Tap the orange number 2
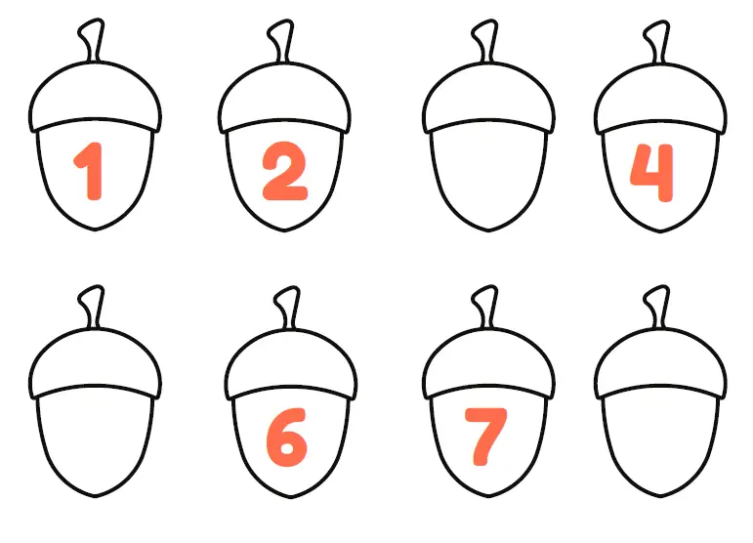(x=285, y=171)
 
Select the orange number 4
(x=652, y=173)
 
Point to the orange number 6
(x=287, y=437)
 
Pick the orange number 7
(x=485, y=436)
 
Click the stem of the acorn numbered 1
(x=92, y=40)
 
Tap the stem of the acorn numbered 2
(x=281, y=41)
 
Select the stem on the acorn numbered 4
(x=658, y=42)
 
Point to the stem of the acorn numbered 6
(x=288, y=308)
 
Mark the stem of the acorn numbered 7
(x=485, y=307)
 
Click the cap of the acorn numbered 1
(x=95, y=96)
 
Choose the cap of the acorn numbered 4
(x=661, y=98)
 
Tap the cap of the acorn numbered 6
(x=291, y=363)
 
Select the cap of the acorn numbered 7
(x=489, y=362)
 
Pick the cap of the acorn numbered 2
(x=285, y=97)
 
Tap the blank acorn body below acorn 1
(x=95, y=440)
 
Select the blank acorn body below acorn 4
(x=661, y=440)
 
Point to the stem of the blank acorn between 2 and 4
(x=485, y=41)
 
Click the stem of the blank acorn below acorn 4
(x=658, y=307)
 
